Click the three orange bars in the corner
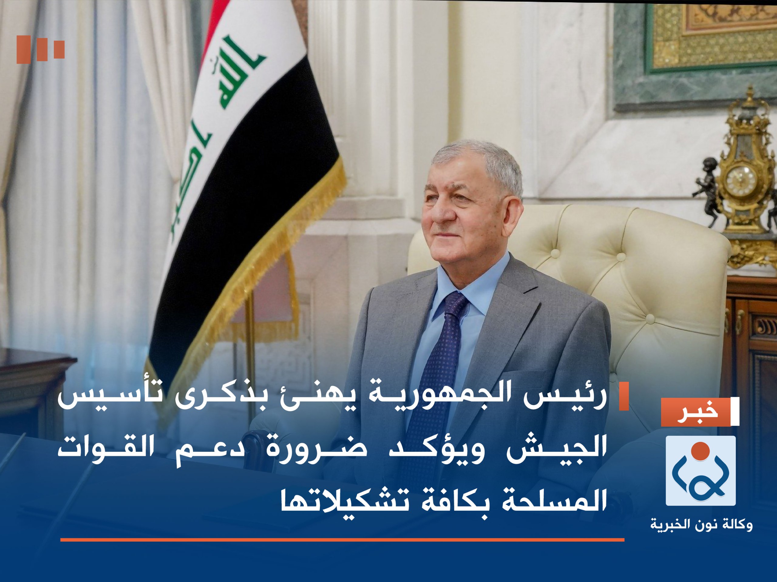pos(40,49)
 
